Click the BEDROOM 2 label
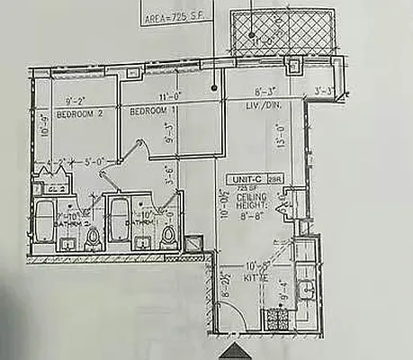[x=75, y=114]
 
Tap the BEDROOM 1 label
[x=149, y=111]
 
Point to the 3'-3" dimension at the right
[x=324, y=90]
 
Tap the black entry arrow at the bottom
[x=236, y=350]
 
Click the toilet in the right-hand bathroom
[x=168, y=238]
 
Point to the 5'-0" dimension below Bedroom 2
[x=94, y=163]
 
